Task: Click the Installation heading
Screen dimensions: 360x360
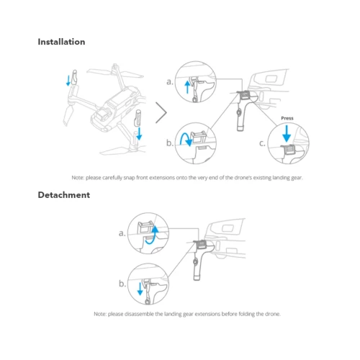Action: click(x=61, y=42)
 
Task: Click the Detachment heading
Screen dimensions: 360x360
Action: click(x=64, y=195)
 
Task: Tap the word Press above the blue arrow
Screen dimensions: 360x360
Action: click(x=287, y=118)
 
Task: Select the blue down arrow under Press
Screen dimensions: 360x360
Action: click(x=287, y=133)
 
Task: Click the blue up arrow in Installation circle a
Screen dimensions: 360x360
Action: click(x=187, y=87)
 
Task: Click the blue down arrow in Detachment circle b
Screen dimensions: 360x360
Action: click(x=140, y=289)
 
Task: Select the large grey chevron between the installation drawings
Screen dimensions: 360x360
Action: click(x=161, y=112)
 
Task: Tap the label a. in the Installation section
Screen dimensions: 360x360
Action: click(x=170, y=82)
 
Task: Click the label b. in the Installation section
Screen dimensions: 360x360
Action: click(x=170, y=143)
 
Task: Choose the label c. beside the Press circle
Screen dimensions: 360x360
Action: click(x=262, y=143)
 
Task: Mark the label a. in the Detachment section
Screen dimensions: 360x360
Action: click(x=122, y=233)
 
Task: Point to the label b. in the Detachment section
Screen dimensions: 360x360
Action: click(x=122, y=284)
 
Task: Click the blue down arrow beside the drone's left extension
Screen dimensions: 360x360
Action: click(x=68, y=81)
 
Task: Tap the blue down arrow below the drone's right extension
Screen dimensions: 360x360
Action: click(x=139, y=133)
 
